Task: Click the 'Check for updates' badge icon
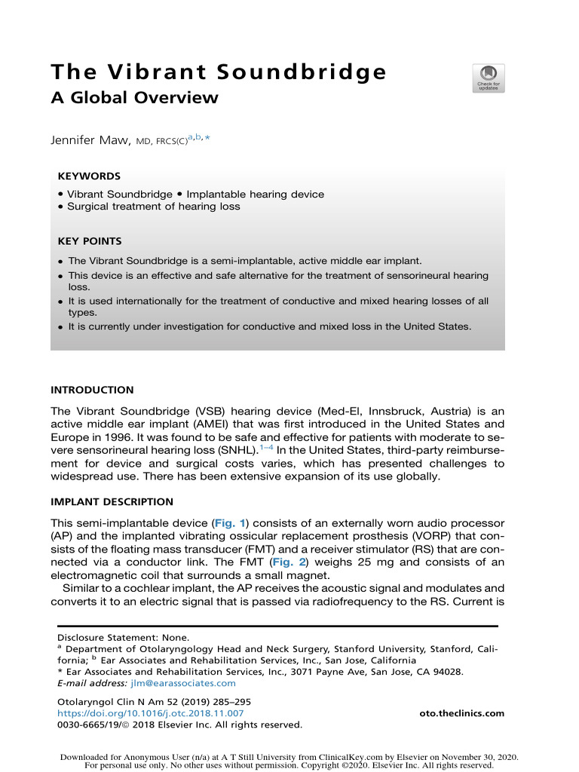pos(489,78)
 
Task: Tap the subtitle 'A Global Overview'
pos(134,98)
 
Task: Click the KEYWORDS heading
pos(89,176)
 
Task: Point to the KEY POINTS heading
pos(90,241)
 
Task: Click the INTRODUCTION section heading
pos(92,391)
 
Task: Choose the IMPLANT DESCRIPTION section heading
pos(112,502)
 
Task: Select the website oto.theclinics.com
pos(461,713)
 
